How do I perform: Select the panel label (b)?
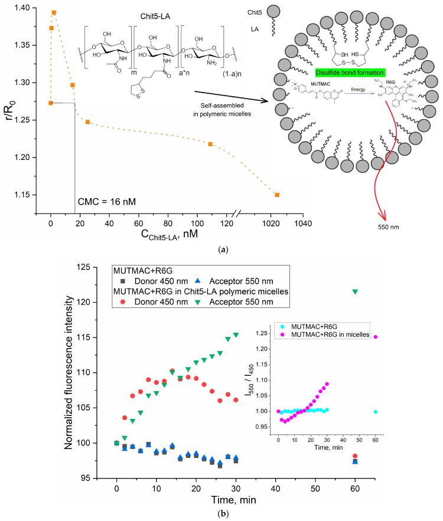[221, 515]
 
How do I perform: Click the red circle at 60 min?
[355, 456]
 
